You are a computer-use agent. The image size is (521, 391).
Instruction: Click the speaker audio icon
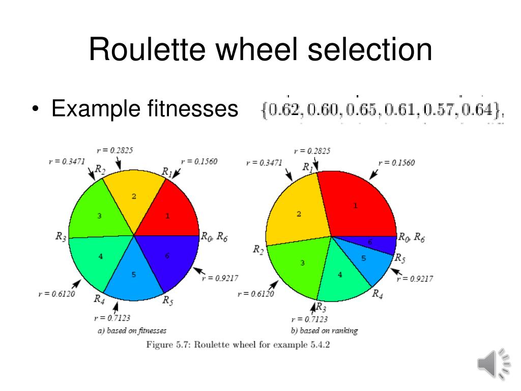pos(493,364)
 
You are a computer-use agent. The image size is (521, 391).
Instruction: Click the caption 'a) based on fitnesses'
pos(132,330)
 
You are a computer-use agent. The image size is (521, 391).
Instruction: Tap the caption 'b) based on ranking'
pos(324,330)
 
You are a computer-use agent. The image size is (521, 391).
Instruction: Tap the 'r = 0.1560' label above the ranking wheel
pos(396,163)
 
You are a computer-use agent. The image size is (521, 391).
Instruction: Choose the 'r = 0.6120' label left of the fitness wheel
pos(56,294)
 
